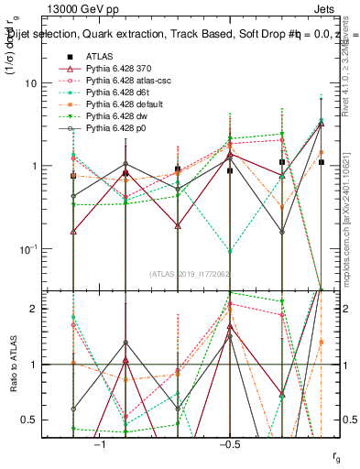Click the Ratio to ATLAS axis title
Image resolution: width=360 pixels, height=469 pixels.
pos(14,365)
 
